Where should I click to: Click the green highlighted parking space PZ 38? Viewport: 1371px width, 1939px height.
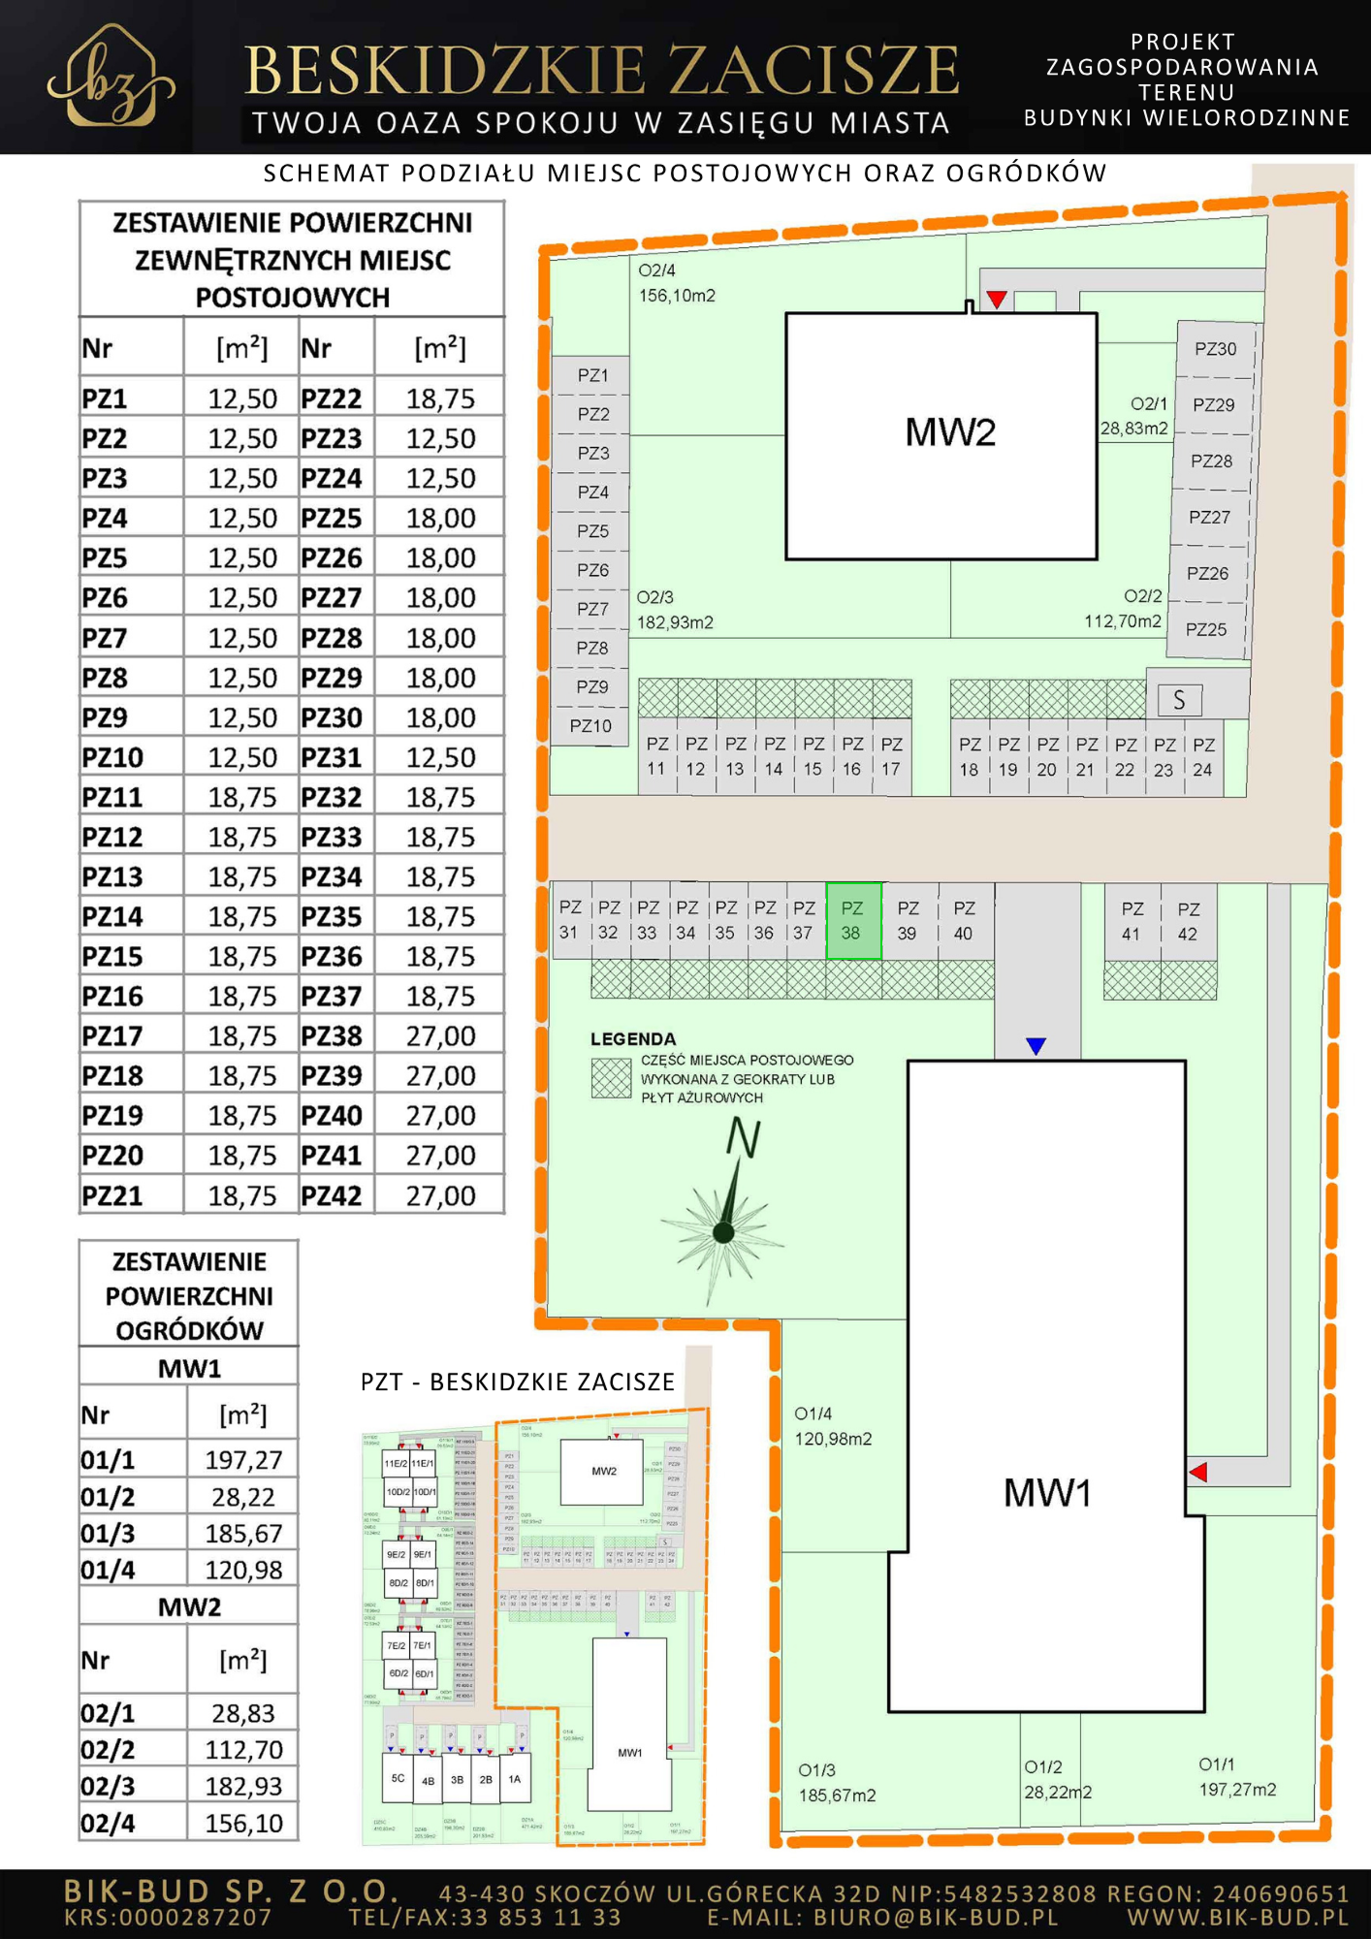coord(853,921)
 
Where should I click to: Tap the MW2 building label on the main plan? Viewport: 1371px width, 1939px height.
coord(950,432)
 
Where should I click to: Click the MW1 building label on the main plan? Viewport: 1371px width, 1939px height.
coord(1047,1492)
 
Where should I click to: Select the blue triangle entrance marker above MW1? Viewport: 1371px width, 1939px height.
coord(1036,1046)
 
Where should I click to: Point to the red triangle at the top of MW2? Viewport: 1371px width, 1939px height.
coord(997,299)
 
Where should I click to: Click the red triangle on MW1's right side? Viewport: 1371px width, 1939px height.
coord(1198,1472)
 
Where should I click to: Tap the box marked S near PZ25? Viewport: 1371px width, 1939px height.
coord(1179,700)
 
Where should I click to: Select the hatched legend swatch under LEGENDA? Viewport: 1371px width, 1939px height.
coord(611,1078)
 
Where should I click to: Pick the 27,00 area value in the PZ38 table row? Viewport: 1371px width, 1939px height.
coord(440,1036)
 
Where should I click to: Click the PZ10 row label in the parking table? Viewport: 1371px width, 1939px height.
coord(112,757)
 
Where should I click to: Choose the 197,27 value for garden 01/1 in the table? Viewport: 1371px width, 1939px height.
coord(242,1460)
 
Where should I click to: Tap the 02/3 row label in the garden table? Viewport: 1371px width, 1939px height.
coord(108,1786)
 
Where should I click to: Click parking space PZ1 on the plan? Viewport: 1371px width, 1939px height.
coord(592,375)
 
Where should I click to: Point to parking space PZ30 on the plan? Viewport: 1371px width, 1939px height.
coord(1215,349)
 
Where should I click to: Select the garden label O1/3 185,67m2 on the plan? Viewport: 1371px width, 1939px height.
coord(837,1783)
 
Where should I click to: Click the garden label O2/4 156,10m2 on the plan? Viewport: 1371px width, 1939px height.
coord(677,283)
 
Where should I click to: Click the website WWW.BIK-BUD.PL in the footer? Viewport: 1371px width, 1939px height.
coord(1238,1917)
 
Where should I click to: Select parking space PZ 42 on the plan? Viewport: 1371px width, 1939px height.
coord(1189,921)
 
